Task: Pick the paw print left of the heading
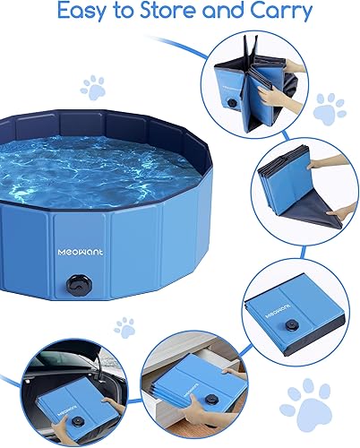(92, 87)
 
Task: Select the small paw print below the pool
(124, 324)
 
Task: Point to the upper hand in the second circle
(327, 166)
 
